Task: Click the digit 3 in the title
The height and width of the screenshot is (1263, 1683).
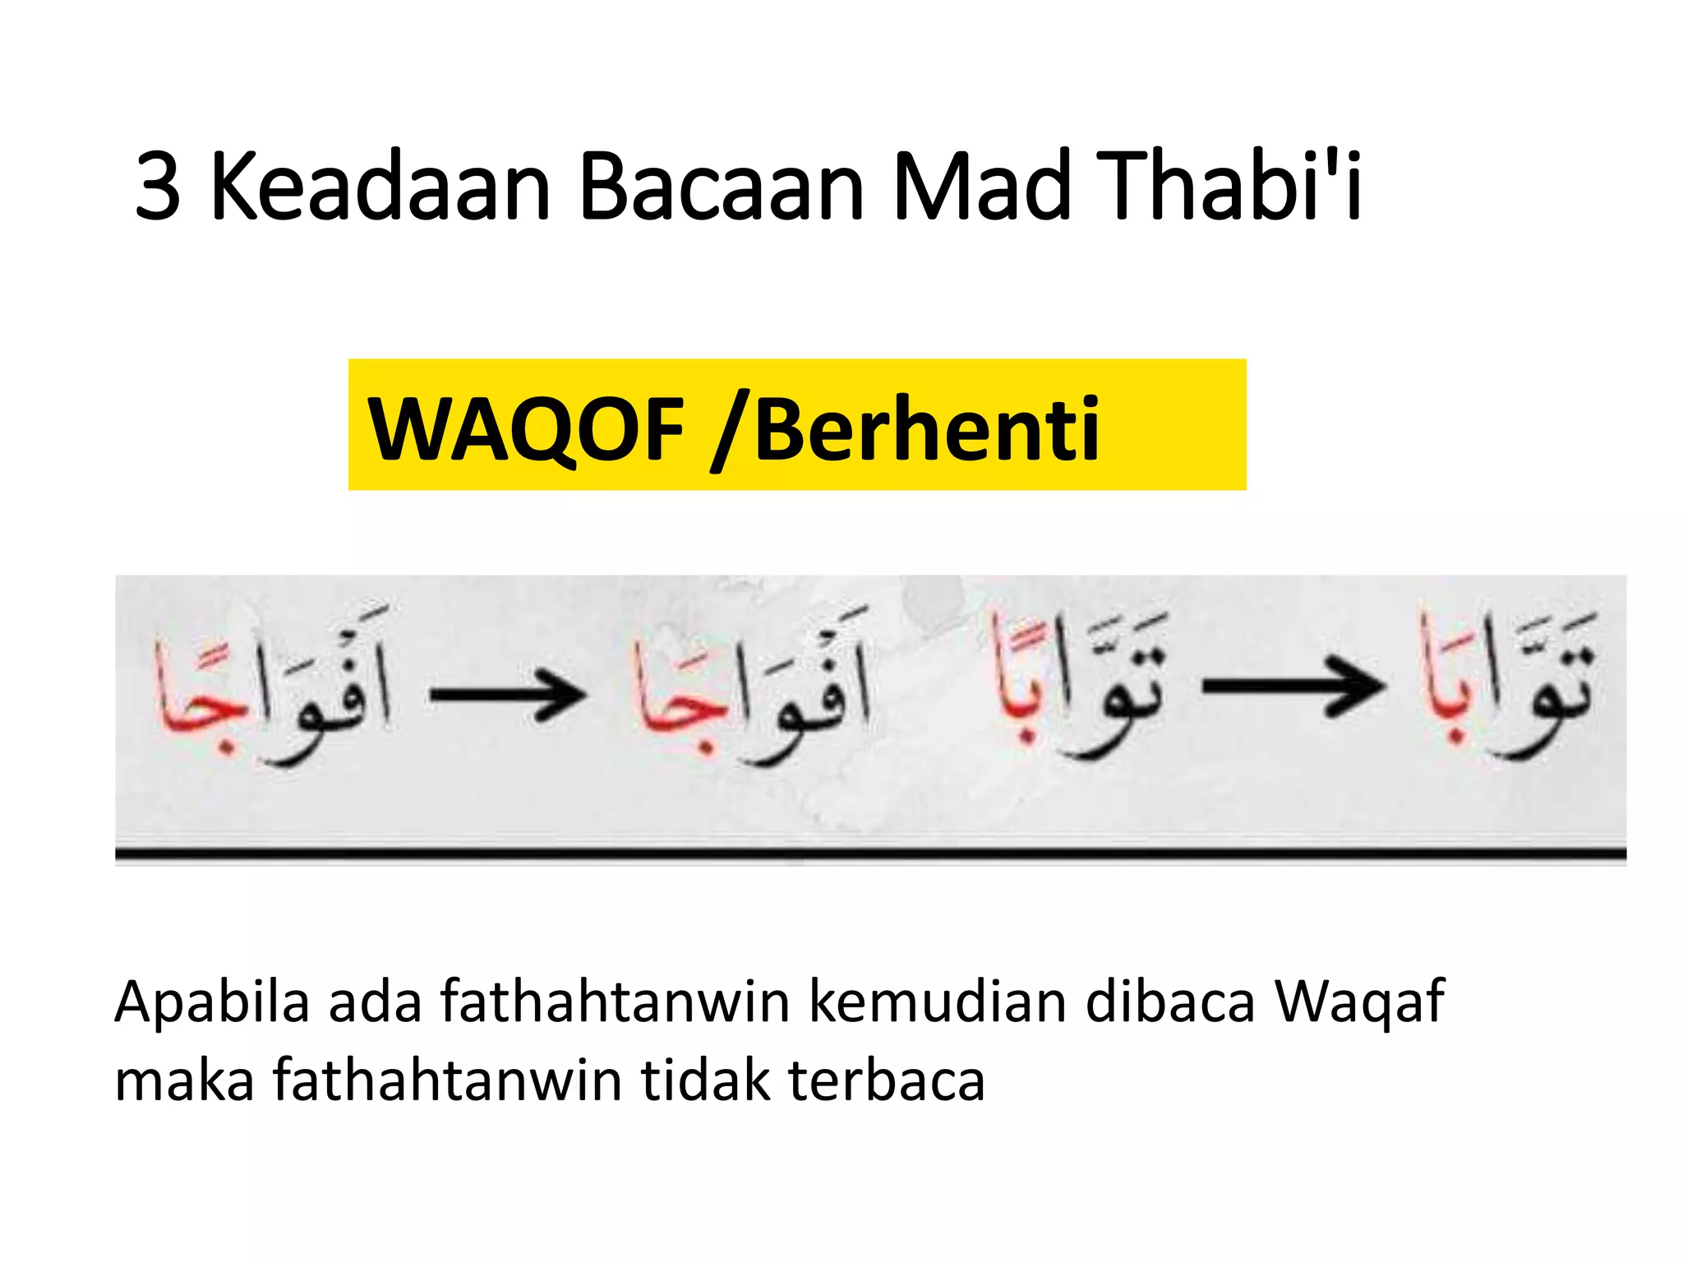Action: pos(158,187)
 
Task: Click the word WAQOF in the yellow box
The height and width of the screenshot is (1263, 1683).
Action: pos(526,428)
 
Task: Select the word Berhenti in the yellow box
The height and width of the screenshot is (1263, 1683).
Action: pos(927,428)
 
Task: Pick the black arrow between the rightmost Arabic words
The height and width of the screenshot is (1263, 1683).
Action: pos(1292,686)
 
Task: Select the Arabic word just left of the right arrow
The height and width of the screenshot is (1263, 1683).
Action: pos(1078,684)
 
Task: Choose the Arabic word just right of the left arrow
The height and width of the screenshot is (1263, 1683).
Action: pos(749,687)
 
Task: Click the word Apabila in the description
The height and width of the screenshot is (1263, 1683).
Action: pos(212,1002)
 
